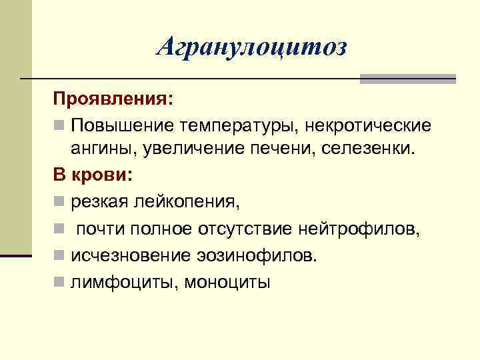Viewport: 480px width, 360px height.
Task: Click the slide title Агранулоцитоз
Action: point(252,47)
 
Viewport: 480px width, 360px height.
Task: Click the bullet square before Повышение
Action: point(59,126)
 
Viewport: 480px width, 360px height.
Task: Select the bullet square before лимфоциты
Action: point(59,283)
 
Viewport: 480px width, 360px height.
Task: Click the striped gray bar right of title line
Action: point(407,79)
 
